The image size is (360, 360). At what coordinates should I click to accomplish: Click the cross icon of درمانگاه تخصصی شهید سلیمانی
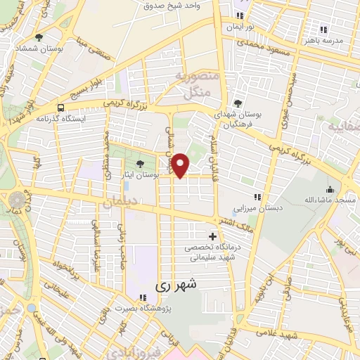[x=213, y=236]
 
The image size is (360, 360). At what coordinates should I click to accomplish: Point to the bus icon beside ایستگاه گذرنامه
[x=62, y=108]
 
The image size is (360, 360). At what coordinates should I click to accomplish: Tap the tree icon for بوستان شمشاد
[x=39, y=37]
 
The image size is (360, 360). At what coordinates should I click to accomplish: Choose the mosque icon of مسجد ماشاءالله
[x=330, y=189]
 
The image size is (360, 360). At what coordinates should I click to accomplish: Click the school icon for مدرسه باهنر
[x=323, y=30]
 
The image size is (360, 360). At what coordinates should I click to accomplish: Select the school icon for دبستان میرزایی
[x=257, y=198]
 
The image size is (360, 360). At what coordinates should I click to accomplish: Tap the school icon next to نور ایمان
[x=240, y=15]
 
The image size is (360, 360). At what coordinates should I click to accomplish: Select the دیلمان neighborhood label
[x=118, y=202]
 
